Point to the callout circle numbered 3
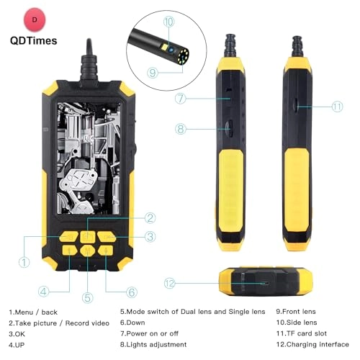coord(149,236)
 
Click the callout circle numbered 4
coord(43,292)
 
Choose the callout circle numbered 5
coord(88,297)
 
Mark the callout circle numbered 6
coord(131,292)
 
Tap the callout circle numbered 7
coord(181,96)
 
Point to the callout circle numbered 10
coord(168,22)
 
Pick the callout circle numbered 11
coord(338,107)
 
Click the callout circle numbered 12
coord(170,284)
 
